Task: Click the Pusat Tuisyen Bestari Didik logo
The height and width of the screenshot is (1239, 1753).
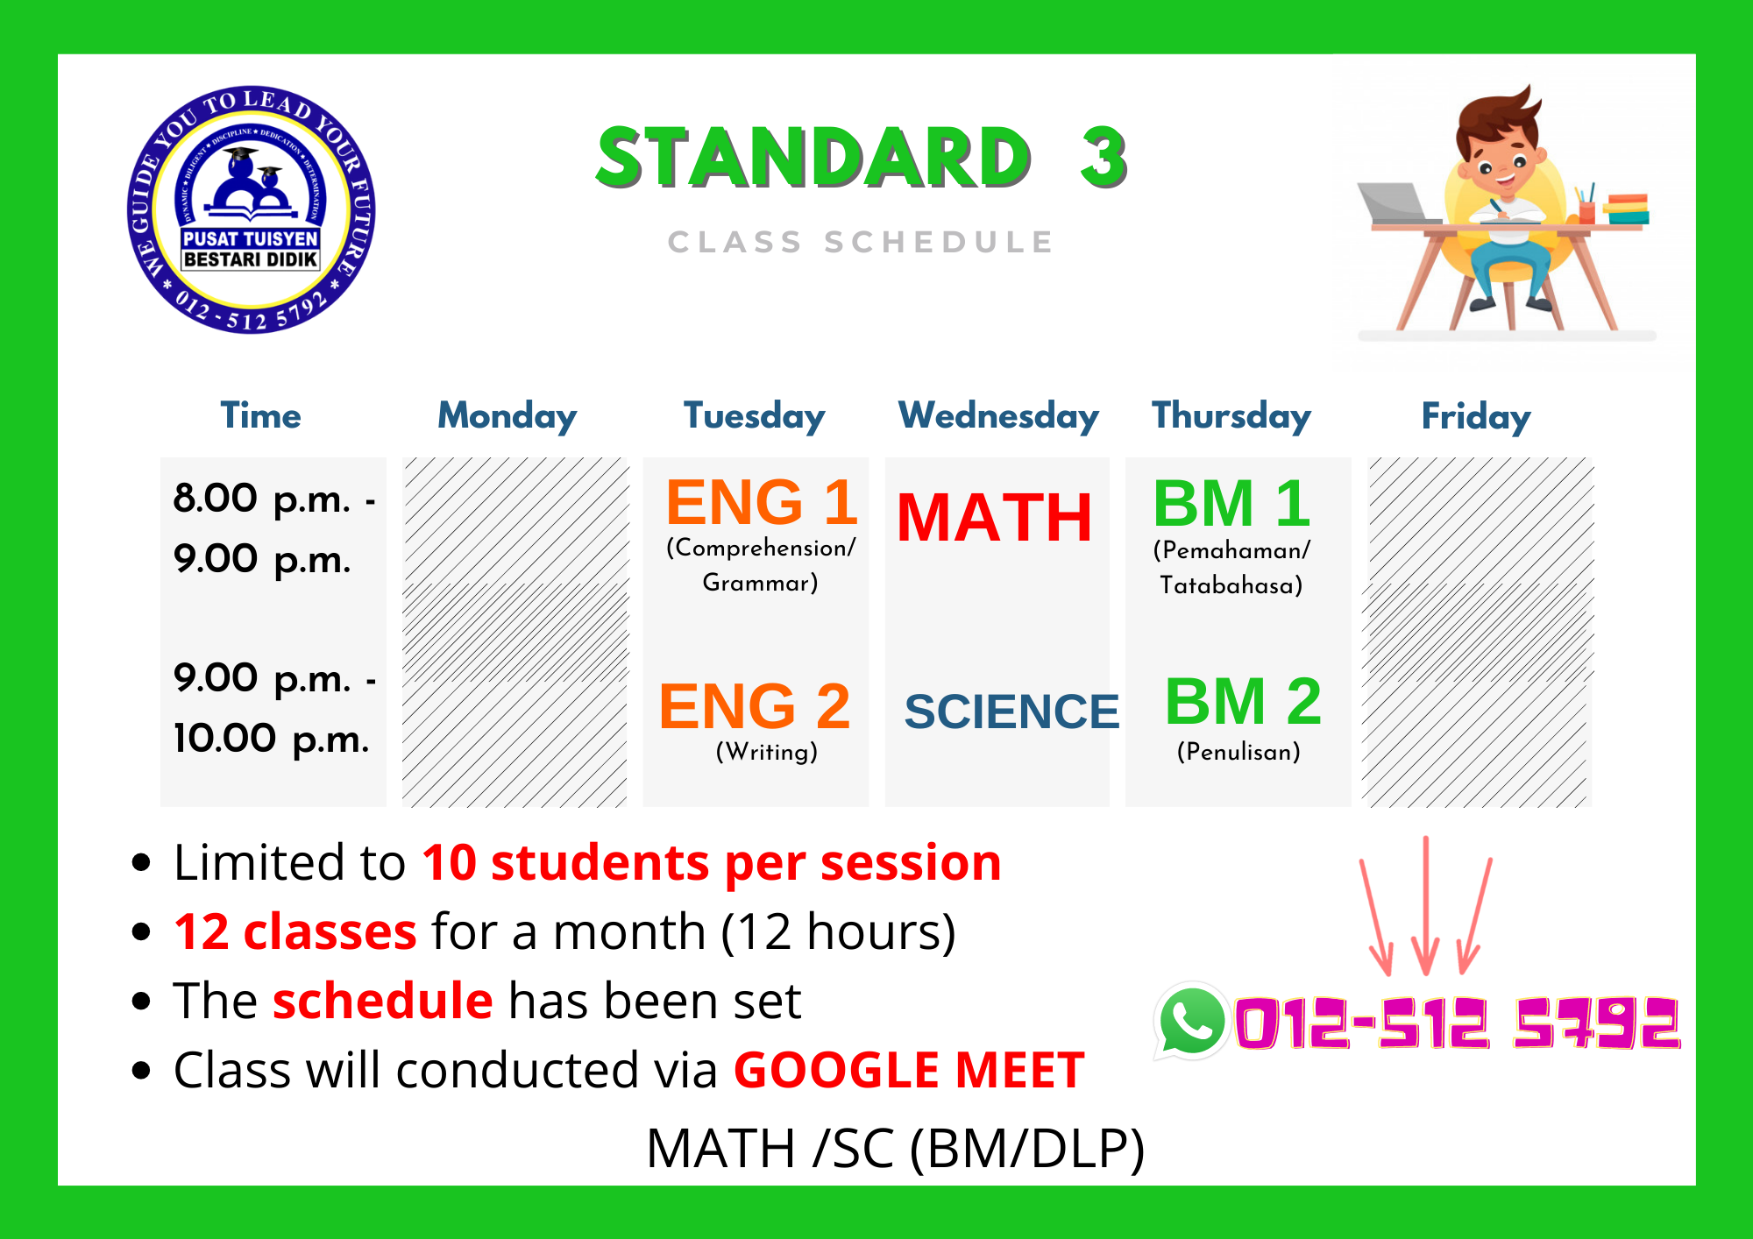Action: point(251,209)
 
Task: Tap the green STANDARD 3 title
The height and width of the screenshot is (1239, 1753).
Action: point(861,158)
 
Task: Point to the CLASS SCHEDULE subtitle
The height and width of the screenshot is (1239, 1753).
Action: point(861,242)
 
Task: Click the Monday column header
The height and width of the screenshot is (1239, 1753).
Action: point(507,416)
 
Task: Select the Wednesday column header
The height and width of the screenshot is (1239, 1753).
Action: point(998,416)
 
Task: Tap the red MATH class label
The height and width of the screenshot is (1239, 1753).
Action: point(995,517)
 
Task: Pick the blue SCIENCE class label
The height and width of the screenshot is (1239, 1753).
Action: point(1011,711)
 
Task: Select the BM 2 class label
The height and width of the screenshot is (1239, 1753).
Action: point(1242,702)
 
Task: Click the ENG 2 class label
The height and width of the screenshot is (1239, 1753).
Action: point(755,706)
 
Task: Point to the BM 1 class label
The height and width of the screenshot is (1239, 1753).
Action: point(1231,504)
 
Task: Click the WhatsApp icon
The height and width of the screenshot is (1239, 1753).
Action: point(1190,1022)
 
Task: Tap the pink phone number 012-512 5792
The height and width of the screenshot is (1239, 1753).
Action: point(1457,1023)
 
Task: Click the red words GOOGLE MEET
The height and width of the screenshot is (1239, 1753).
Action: point(909,1070)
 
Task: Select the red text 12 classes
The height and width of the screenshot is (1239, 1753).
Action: point(295,931)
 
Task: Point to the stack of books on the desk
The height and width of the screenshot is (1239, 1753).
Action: point(1627,209)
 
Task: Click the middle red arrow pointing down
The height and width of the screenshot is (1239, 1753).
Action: point(1426,906)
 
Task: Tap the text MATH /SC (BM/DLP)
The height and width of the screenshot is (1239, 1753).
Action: point(895,1148)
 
